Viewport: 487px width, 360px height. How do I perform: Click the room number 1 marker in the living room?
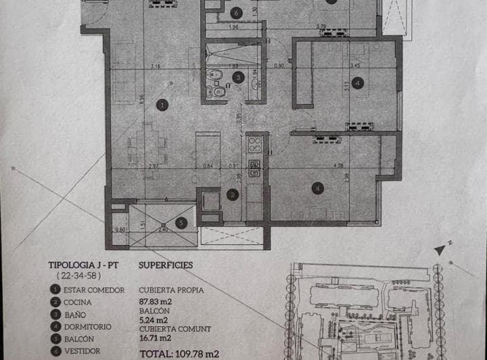pyautogui.click(x=161, y=104)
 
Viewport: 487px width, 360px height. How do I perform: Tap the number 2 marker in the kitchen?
pyautogui.click(x=233, y=195)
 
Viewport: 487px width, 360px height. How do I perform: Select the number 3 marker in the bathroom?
pyautogui.click(x=237, y=78)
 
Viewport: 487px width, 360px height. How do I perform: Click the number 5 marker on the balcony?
pyautogui.click(x=180, y=221)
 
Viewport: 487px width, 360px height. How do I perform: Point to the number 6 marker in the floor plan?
pyautogui.click(x=235, y=12)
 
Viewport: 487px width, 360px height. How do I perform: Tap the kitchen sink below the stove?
pyautogui.click(x=256, y=168)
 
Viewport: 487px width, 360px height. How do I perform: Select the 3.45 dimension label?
pyautogui.click(x=355, y=66)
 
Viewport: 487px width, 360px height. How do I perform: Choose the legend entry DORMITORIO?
pyautogui.click(x=88, y=327)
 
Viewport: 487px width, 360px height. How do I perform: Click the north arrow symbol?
pyautogui.click(x=440, y=249)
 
